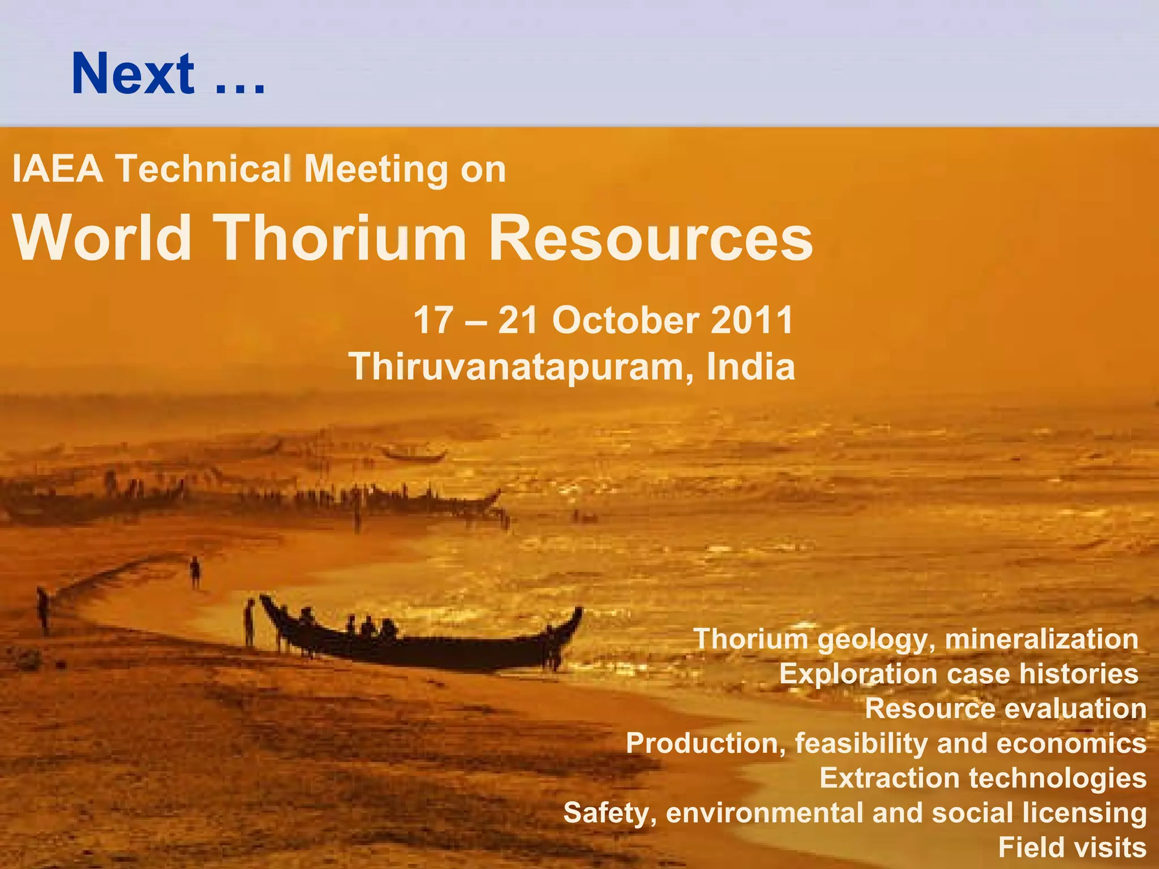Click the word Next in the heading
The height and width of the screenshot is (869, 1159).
click(134, 74)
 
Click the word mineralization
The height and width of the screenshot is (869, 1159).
click(1041, 639)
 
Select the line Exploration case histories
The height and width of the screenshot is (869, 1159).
click(959, 674)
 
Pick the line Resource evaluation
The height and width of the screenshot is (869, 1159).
click(1006, 708)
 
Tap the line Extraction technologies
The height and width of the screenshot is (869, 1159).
click(983, 778)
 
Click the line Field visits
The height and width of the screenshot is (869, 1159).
click(1072, 848)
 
